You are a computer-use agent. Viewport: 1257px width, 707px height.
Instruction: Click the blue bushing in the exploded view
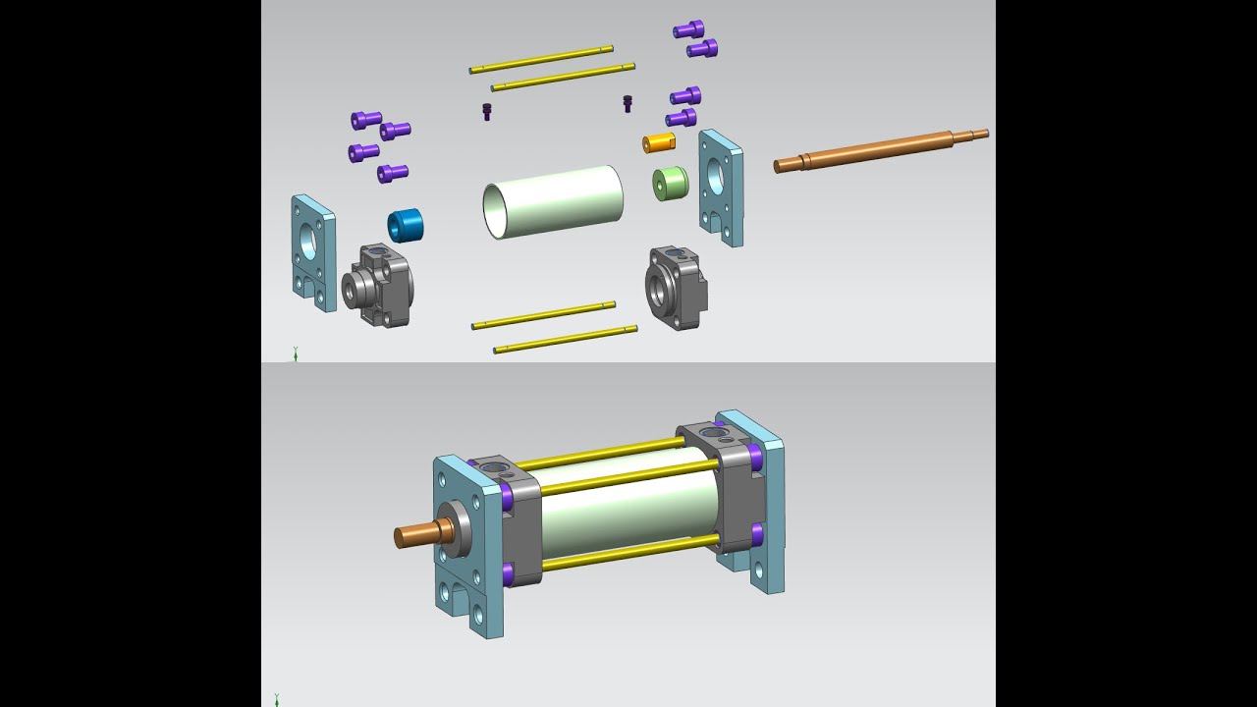click(406, 225)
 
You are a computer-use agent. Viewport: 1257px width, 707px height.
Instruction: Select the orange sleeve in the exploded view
click(659, 143)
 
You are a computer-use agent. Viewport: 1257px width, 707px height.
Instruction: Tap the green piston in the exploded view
click(670, 184)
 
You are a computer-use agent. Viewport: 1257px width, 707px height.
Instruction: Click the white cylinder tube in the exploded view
click(554, 201)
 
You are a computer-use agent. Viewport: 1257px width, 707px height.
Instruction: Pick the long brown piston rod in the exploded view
click(879, 149)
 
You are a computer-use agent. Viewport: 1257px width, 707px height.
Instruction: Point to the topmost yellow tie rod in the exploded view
click(541, 59)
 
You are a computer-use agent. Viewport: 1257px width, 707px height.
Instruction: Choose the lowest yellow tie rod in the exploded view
click(565, 339)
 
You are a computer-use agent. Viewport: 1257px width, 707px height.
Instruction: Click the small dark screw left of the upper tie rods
click(486, 111)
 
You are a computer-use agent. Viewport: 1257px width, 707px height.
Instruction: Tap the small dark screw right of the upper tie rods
click(628, 103)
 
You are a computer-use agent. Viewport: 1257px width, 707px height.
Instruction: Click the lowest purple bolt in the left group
click(393, 173)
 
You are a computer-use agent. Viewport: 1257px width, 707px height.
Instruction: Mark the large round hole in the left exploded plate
click(309, 240)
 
